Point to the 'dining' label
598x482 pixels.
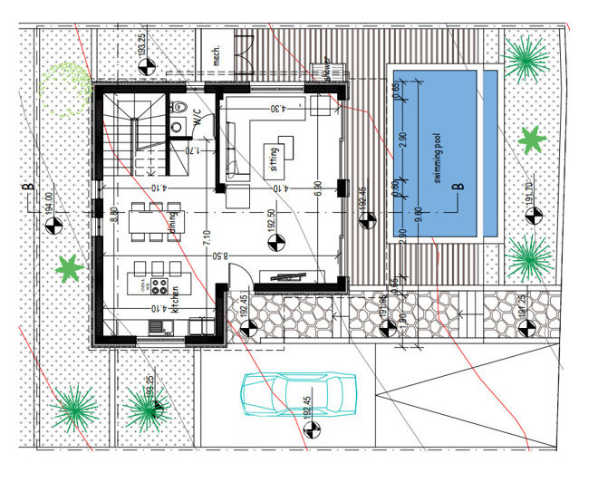[x=172, y=224]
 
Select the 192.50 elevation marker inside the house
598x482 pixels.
[x=275, y=243]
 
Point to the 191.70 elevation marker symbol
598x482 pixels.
[x=532, y=214]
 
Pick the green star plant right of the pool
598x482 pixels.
[x=531, y=140]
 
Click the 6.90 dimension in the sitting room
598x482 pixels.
[x=318, y=188]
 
